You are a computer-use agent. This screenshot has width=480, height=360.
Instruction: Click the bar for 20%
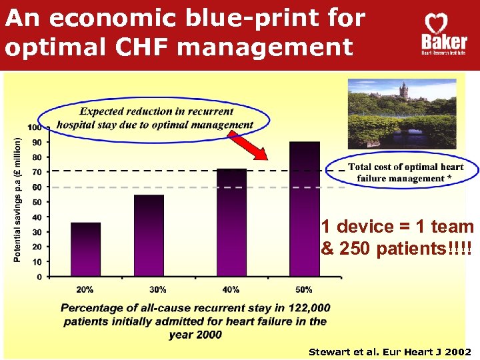[85, 249]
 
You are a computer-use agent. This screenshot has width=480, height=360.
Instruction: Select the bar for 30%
[149, 235]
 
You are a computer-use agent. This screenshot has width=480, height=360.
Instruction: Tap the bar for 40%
[231, 222]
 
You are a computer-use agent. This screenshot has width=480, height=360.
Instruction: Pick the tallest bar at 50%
[305, 209]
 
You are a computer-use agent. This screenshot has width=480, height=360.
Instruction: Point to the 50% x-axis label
[303, 289]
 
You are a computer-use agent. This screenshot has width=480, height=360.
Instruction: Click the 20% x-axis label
[85, 289]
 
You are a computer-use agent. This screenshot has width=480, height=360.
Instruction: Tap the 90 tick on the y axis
[36, 142]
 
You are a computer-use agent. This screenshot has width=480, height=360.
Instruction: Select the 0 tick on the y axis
[39, 276]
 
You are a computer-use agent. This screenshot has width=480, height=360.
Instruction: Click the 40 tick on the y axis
[36, 217]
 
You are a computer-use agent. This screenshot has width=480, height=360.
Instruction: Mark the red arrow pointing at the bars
[248, 145]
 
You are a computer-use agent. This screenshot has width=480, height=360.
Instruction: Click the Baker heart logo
[434, 34]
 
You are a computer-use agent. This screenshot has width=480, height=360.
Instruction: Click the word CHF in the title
[181, 47]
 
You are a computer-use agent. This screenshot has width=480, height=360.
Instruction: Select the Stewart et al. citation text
[390, 351]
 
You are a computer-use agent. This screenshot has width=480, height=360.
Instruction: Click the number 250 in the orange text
[360, 249]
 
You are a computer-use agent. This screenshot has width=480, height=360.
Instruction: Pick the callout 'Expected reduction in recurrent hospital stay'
[156, 118]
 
